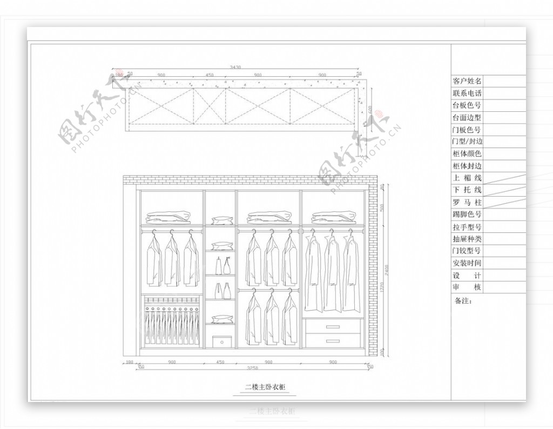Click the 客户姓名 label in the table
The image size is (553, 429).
pyautogui.click(x=467, y=81)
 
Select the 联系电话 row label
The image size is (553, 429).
pyautogui.click(x=467, y=93)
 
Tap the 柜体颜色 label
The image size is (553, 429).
pyautogui.click(x=467, y=154)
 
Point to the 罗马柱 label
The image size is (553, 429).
pyautogui.click(x=467, y=203)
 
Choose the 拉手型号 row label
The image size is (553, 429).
pyautogui.click(x=467, y=227)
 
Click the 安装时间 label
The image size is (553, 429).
pyautogui.click(x=467, y=263)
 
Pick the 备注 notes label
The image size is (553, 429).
pyautogui.click(x=463, y=301)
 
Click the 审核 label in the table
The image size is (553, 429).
pyautogui.click(x=467, y=287)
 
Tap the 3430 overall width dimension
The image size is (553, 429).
pyautogui.click(x=235, y=68)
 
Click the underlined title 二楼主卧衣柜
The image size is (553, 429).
pyautogui.click(x=265, y=387)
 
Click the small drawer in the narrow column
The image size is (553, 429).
pyautogui.click(x=222, y=341)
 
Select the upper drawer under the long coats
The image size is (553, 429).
pyautogui.click(x=333, y=326)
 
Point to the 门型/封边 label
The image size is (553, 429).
pyautogui.click(x=467, y=142)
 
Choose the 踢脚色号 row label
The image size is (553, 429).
pyautogui.click(x=467, y=215)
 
